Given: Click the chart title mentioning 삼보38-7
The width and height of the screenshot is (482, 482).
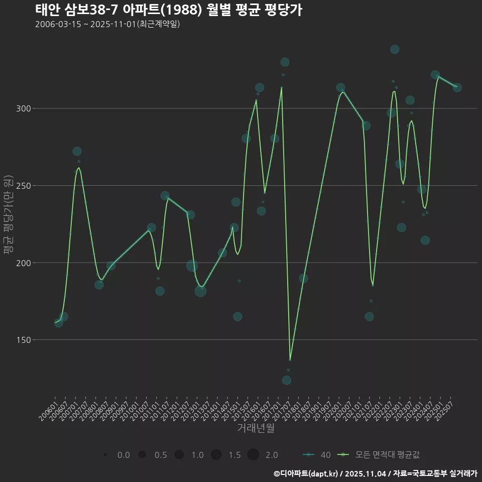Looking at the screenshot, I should click(x=169, y=10).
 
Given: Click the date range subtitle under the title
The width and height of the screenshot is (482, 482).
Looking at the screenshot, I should click(x=107, y=24).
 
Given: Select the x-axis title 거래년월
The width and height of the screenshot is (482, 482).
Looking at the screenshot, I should click(x=256, y=428).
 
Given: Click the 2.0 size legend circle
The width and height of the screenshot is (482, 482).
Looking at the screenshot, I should click(x=253, y=455).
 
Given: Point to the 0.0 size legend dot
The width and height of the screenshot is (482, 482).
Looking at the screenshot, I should click(x=105, y=455).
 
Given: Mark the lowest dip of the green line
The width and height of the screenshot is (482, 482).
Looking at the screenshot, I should click(x=290, y=360).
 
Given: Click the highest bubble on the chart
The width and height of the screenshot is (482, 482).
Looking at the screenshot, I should click(x=395, y=49).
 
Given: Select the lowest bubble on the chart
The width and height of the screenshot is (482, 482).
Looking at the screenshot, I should click(x=287, y=380).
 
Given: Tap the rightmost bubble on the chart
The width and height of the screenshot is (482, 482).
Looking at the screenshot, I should click(x=457, y=88).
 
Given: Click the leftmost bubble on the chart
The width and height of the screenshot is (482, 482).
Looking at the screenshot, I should click(x=59, y=323).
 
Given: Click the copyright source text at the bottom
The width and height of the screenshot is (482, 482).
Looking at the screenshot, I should click(x=375, y=473).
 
